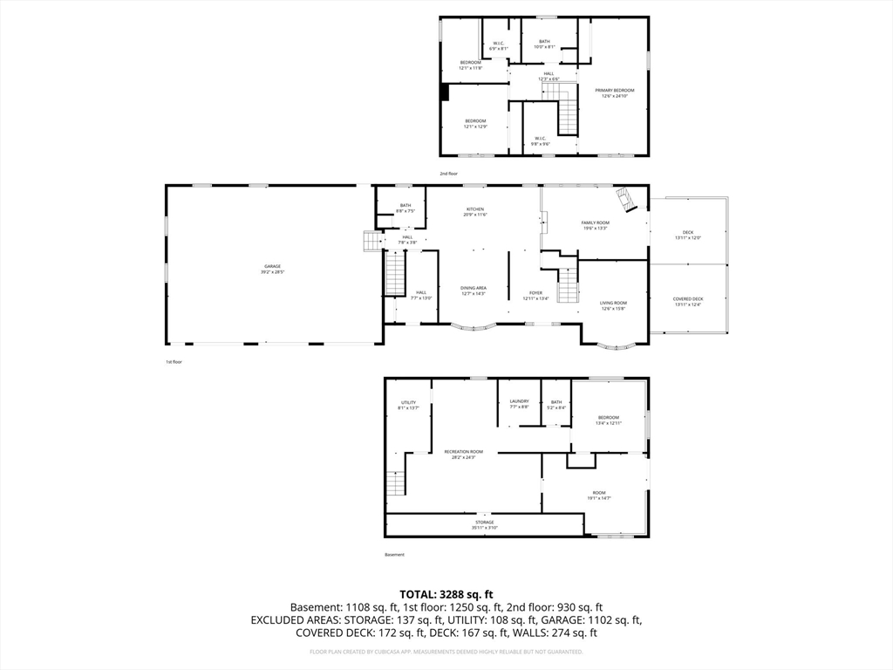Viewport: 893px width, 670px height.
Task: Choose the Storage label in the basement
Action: pyautogui.click(x=484, y=524)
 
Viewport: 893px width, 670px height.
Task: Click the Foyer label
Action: pyautogui.click(x=535, y=295)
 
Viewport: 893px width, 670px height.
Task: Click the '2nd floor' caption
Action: pyautogui.click(x=448, y=174)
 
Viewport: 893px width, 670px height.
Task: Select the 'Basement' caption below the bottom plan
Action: pyautogui.click(x=395, y=554)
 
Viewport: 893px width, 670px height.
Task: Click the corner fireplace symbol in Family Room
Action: pyautogui.click(x=626, y=199)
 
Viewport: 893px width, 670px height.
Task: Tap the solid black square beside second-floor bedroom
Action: pyautogui.click(x=444, y=92)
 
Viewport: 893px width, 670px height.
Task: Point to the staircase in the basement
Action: pyautogui.click(x=397, y=482)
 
